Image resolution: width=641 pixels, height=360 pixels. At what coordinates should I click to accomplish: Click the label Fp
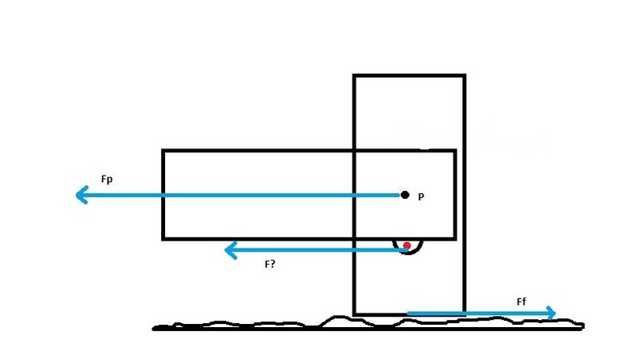tap(107, 180)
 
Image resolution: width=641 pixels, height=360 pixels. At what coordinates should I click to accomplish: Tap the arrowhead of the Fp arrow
tap(82, 195)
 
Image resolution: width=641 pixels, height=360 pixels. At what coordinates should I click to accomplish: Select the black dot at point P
tap(405, 195)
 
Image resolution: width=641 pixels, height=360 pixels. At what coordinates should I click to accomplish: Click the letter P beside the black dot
tap(421, 196)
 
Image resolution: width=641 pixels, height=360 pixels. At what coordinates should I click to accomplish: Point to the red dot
tap(407, 245)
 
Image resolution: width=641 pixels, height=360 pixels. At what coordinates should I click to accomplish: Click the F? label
tap(270, 265)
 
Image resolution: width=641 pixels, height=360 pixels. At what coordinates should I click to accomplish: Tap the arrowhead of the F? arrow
tap(231, 250)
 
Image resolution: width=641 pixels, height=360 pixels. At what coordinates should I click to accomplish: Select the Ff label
tap(522, 302)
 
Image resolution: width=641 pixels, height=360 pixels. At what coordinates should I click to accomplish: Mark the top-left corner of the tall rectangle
tap(354, 75)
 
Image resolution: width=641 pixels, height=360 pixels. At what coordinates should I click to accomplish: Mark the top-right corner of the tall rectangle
tap(465, 75)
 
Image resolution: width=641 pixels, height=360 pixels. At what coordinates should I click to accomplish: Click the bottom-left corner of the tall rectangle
tap(354, 314)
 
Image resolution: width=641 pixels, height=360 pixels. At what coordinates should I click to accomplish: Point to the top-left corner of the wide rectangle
tap(163, 151)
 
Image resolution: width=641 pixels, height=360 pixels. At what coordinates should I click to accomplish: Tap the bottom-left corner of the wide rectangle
tap(163, 238)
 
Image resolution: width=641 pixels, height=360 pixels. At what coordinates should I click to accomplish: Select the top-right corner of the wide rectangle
tap(455, 151)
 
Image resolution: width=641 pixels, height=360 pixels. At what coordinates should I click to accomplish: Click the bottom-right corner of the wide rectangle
tap(455, 238)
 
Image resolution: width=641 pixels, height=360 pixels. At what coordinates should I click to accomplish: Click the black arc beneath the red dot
tap(409, 253)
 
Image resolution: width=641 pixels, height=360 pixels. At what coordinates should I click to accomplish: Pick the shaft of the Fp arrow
tap(241, 195)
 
